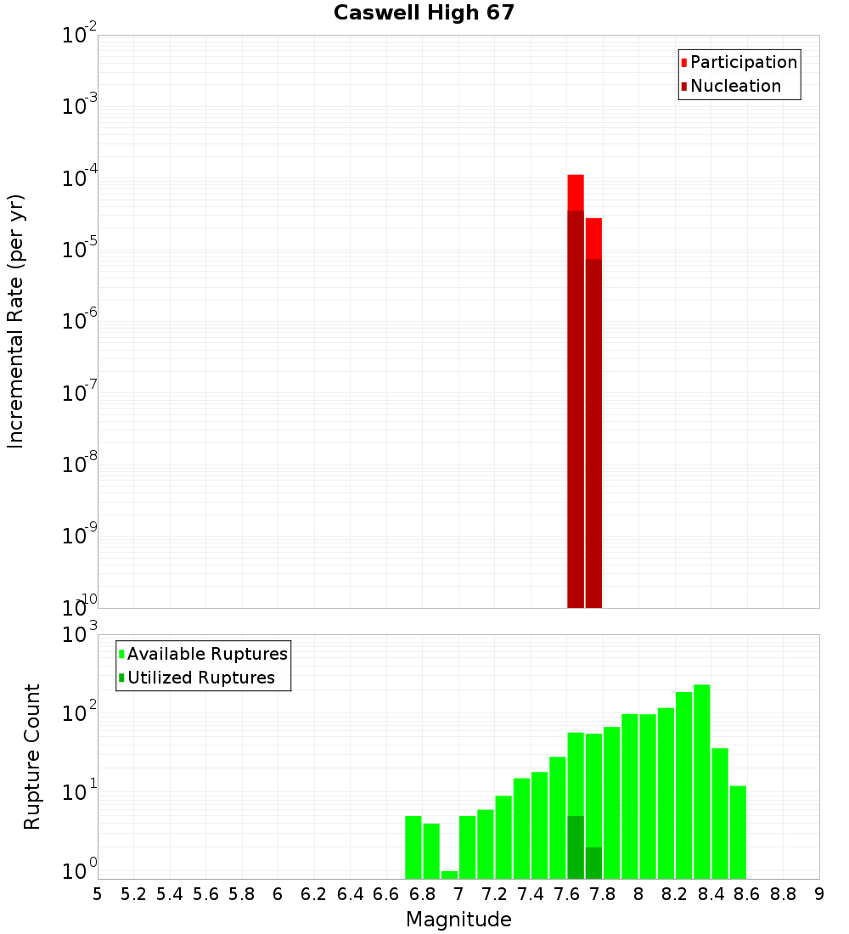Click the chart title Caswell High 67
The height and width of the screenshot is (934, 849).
pos(424,13)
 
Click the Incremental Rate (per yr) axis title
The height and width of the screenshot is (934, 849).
pos(16,321)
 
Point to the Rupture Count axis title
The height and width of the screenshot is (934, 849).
pos(32,757)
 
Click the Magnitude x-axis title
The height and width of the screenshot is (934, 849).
pos(458,920)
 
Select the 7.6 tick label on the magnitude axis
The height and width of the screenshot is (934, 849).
pos(567,894)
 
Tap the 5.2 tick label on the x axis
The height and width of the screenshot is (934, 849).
pos(133,894)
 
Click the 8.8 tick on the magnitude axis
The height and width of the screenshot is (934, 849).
pos(783,894)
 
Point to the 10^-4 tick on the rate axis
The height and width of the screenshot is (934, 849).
pos(80,179)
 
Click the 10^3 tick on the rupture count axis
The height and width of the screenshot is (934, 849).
pos(80,635)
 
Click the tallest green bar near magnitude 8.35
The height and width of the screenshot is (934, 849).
pos(702,781)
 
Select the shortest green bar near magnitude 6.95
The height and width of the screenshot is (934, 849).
pos(449,875)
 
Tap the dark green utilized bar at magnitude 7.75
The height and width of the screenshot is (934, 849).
pos(593,863)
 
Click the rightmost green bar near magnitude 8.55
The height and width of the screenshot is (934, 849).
pos(738,832)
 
